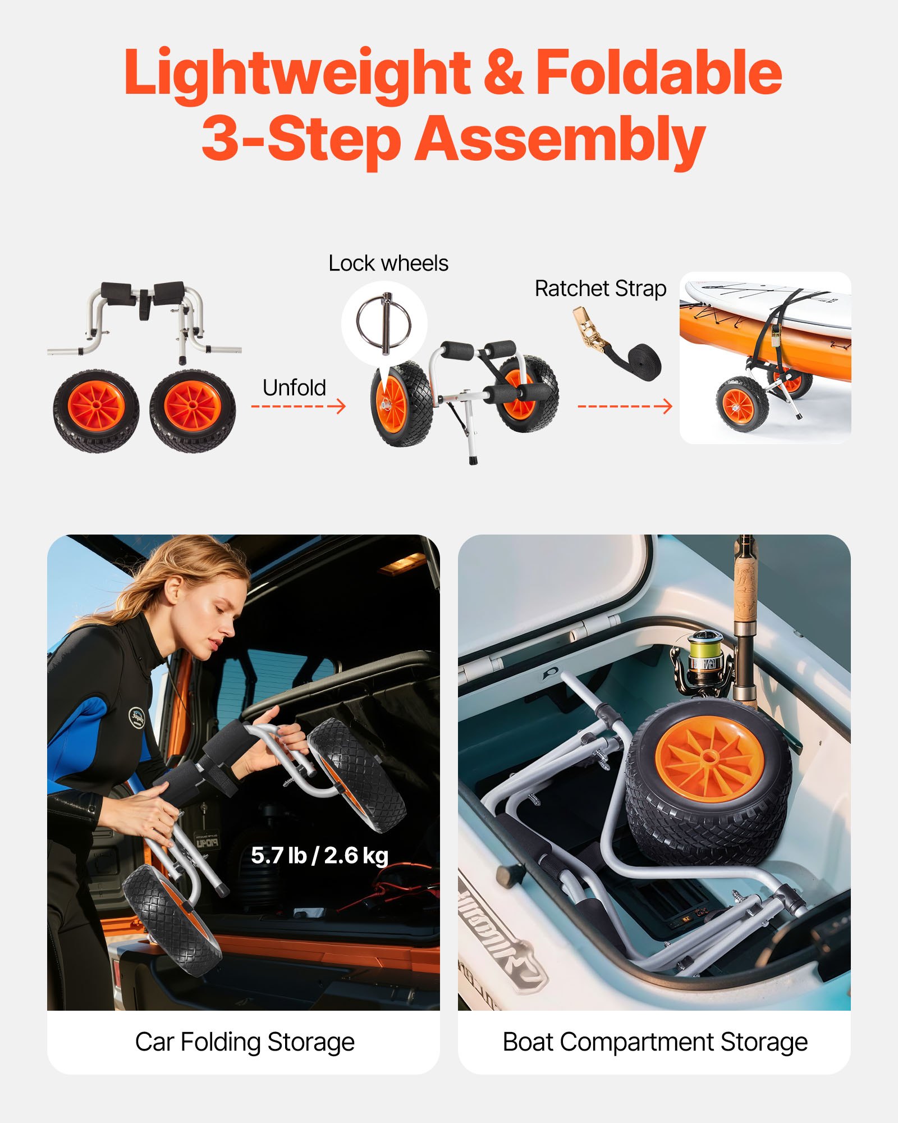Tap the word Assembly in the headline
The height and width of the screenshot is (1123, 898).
click(x=560, y=139)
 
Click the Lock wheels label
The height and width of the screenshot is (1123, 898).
click(x=388, y=263)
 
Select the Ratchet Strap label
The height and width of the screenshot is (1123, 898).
click(x=600, y=289)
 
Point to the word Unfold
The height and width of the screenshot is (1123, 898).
click(x=294, y=387)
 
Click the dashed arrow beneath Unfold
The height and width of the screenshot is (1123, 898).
click(x=298, y=406)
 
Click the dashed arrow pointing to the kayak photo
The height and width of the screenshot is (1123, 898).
click(x=624, y=406)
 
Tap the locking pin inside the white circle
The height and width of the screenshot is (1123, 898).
click(x=384, y=323)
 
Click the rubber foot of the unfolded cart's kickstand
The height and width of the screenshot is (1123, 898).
click(x=473, y=459)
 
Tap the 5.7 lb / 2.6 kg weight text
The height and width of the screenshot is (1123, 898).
click(x=319, y=856)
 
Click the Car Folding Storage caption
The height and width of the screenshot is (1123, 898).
click(x=245, y=1042)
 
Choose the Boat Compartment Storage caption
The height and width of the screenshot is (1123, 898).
click(x=654, y=1042)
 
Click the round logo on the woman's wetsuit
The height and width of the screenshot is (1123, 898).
click(x=137, y=717)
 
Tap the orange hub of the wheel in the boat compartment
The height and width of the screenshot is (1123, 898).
click(x=709, y=757)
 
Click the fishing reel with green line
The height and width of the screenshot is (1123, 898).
click(x=704, y=660)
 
